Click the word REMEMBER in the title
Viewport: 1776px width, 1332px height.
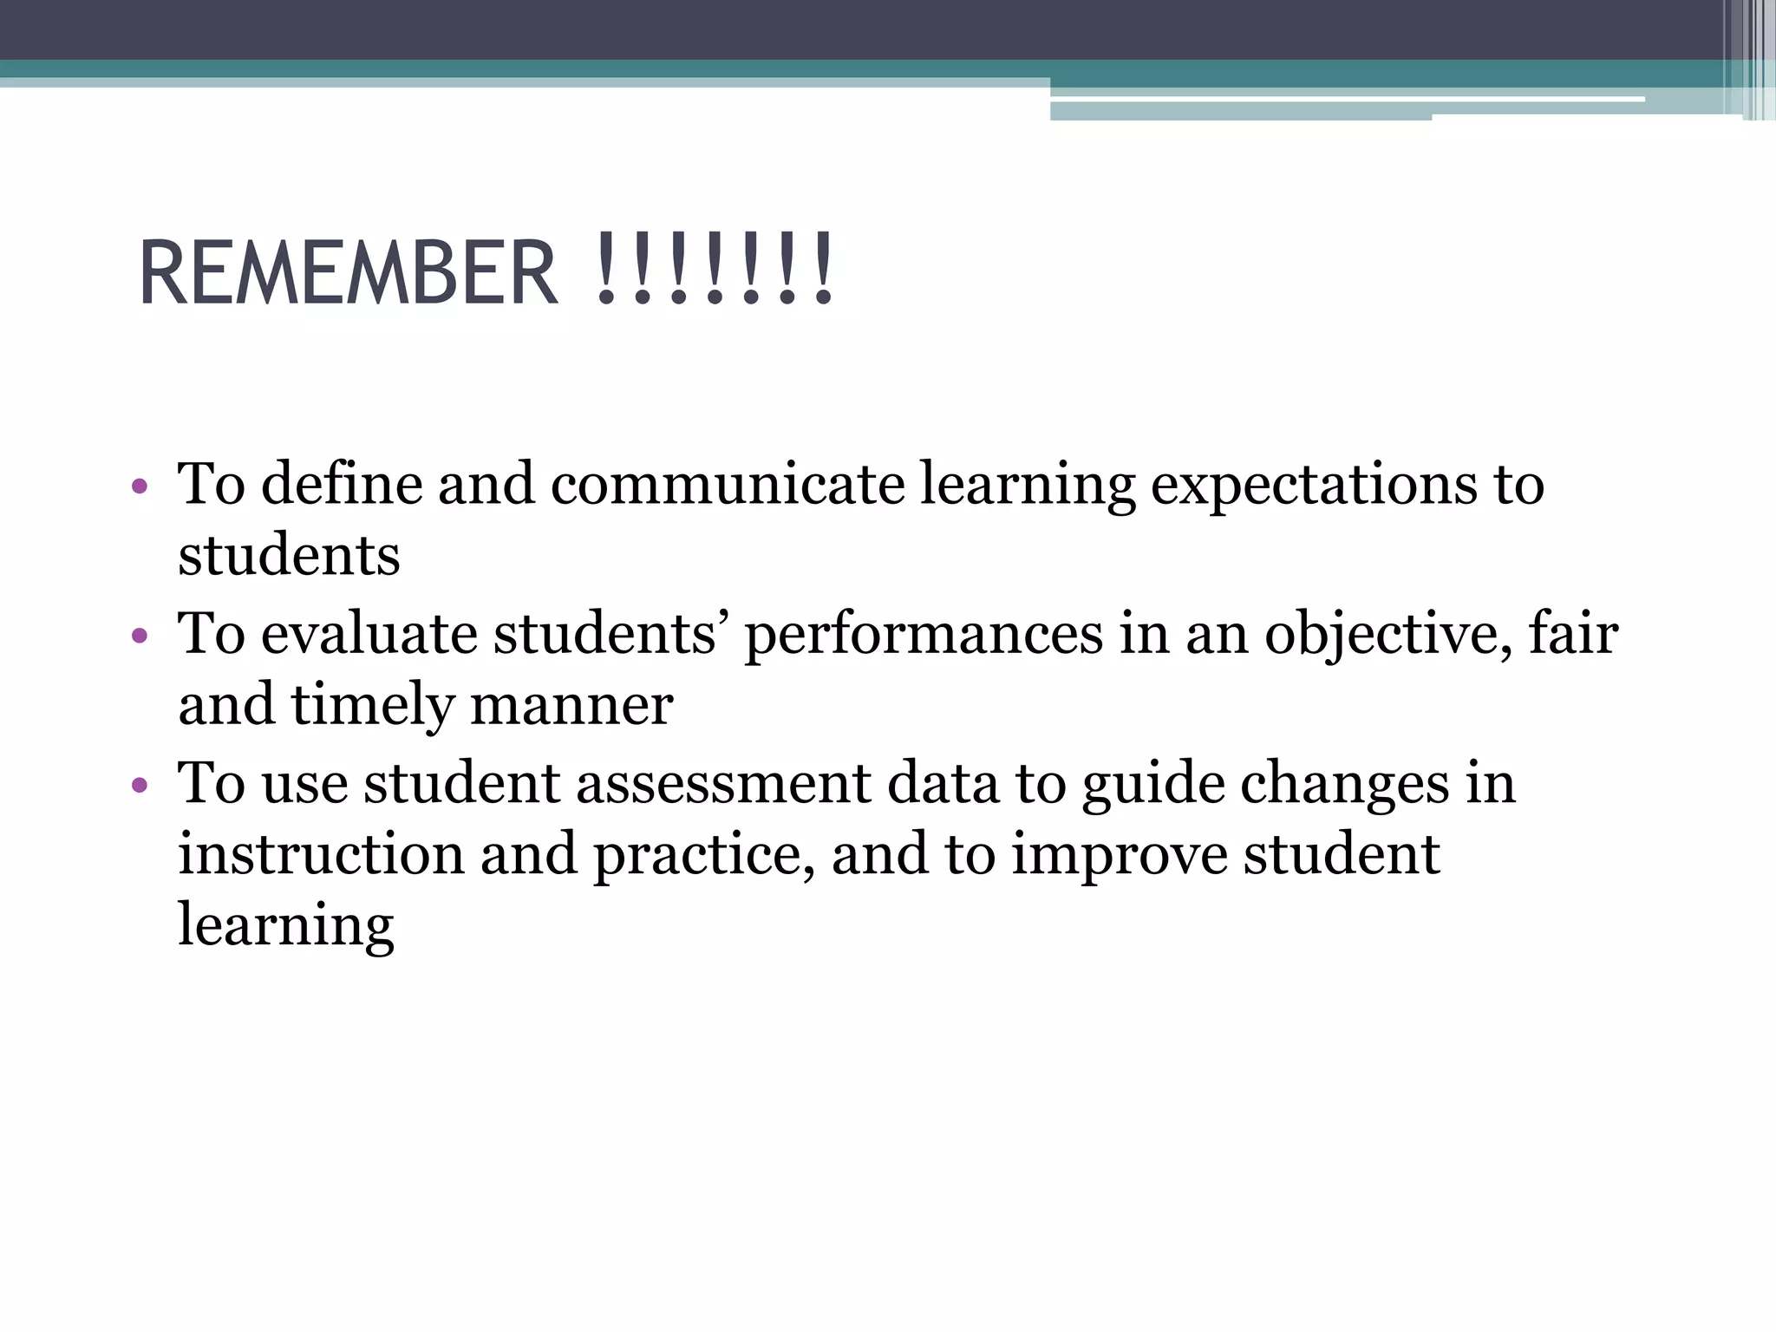(347, 272)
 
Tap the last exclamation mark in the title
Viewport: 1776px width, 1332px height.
(822, 271)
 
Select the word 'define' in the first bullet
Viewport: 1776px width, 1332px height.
(342, 483)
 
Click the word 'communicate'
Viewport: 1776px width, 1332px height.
(727, 483)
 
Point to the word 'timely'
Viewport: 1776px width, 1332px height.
(372, 706)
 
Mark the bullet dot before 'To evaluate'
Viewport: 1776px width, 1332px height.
(140, 637)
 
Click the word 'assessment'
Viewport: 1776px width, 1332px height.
(723, 783)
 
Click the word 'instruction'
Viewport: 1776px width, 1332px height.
(321, 854)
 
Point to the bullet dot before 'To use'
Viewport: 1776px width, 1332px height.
(140, 787)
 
